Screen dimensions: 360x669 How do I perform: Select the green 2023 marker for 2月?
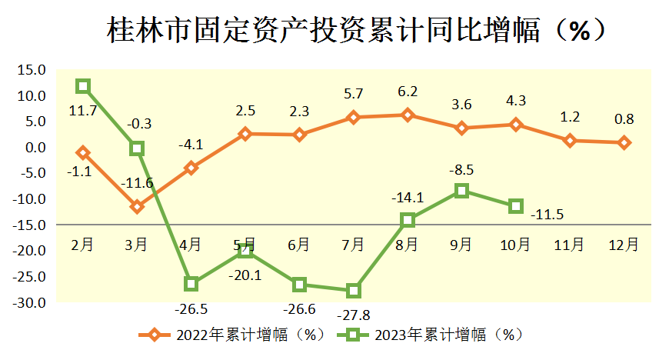[83, 86]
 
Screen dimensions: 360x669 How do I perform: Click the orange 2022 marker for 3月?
[137, 207]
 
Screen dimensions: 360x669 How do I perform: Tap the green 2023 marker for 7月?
[354, 291]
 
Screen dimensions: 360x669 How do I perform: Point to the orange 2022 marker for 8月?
[408, 115]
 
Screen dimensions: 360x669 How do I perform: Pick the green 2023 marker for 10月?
[516, 206]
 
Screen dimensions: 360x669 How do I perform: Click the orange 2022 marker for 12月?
[624, 142]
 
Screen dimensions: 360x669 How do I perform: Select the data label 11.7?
[82, 112]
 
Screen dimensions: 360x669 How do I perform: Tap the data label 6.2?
[408, 92]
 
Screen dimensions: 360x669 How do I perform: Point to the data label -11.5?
[547, 215]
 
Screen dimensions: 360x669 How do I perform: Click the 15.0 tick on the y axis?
[32, 70]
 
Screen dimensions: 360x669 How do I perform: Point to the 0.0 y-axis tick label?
[35, 148]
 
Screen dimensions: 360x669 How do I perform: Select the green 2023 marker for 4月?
[191, 284]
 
